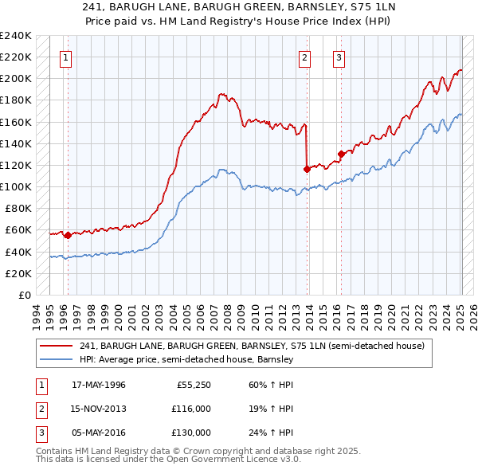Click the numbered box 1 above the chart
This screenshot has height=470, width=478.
[x=65, y=57]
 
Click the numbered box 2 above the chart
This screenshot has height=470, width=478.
[x=305, y=57]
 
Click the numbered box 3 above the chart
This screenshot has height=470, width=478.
[x=339, y=57]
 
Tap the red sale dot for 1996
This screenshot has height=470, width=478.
[x=68, y=235]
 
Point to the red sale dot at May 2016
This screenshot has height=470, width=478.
[x=341, y=154]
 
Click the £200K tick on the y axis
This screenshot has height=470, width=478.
[x=16, y=79]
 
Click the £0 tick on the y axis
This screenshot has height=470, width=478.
[x=24, y=295]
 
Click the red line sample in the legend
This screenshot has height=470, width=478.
[x=57, y=346]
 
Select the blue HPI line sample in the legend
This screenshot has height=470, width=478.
[x=57, y=359]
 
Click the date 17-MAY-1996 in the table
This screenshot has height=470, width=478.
[x=99, y=385]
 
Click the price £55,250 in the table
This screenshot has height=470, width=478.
[x=192, y=385]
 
